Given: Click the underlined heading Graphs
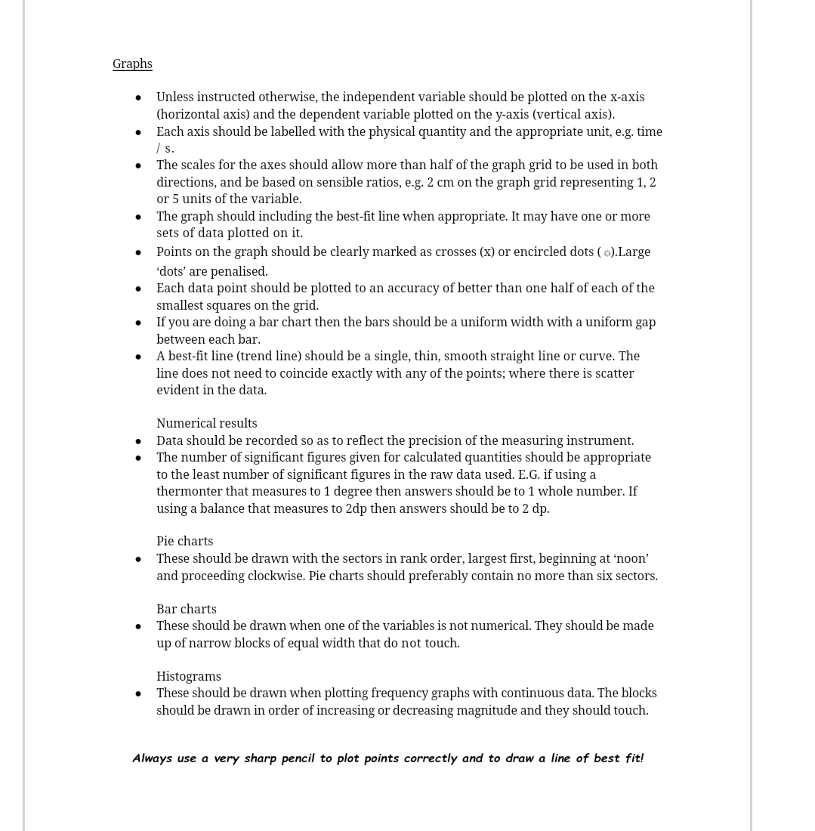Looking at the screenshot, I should point(132,64).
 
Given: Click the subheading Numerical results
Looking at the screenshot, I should point(206,424).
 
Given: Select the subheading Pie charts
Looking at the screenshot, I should point(184,542).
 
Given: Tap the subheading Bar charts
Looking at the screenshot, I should point(186,609).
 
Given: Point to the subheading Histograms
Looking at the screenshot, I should point(188,676).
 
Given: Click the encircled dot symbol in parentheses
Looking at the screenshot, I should point(607,253).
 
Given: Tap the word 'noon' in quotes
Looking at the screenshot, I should point(631,559).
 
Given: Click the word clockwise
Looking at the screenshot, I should point(276,576).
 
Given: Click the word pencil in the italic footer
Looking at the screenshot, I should point(298,758).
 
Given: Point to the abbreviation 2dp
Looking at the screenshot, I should point(356,508).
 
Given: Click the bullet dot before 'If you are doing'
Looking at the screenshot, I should point(138,323).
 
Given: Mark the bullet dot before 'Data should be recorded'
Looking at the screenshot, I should point(138,441).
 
